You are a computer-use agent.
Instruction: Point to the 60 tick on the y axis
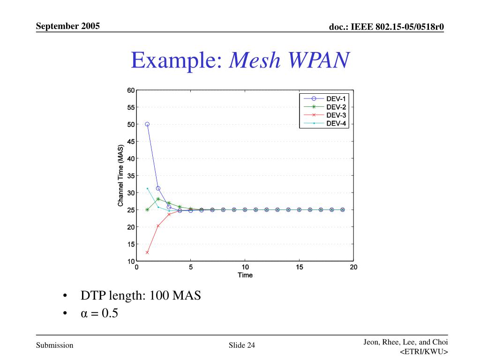click(x=131, y=90)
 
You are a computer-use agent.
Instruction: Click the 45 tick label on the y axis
click(x=131, y=142)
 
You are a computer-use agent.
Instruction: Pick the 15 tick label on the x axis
click(x=300, y=267)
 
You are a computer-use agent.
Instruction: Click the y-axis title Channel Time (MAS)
click(x=120, y=176)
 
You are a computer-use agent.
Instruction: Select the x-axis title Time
click(x=245, y=275)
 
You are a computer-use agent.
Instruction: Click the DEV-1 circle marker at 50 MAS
click(x=147, y=124)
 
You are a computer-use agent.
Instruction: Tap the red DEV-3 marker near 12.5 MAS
click(x=147, y=253)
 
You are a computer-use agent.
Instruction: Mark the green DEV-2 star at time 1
click(x=147, y=210)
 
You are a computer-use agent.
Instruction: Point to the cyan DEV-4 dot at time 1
click(x=147, y=188)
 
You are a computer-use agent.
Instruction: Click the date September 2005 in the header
click(x=68, y=26)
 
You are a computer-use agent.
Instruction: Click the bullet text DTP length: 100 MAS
click(x=141, y=296)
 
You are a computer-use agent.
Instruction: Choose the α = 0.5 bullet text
click(x=99, y=313)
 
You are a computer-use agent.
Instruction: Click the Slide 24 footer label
click(x=242, y=346)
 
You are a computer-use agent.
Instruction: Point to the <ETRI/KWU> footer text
click(x=424, y=352)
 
